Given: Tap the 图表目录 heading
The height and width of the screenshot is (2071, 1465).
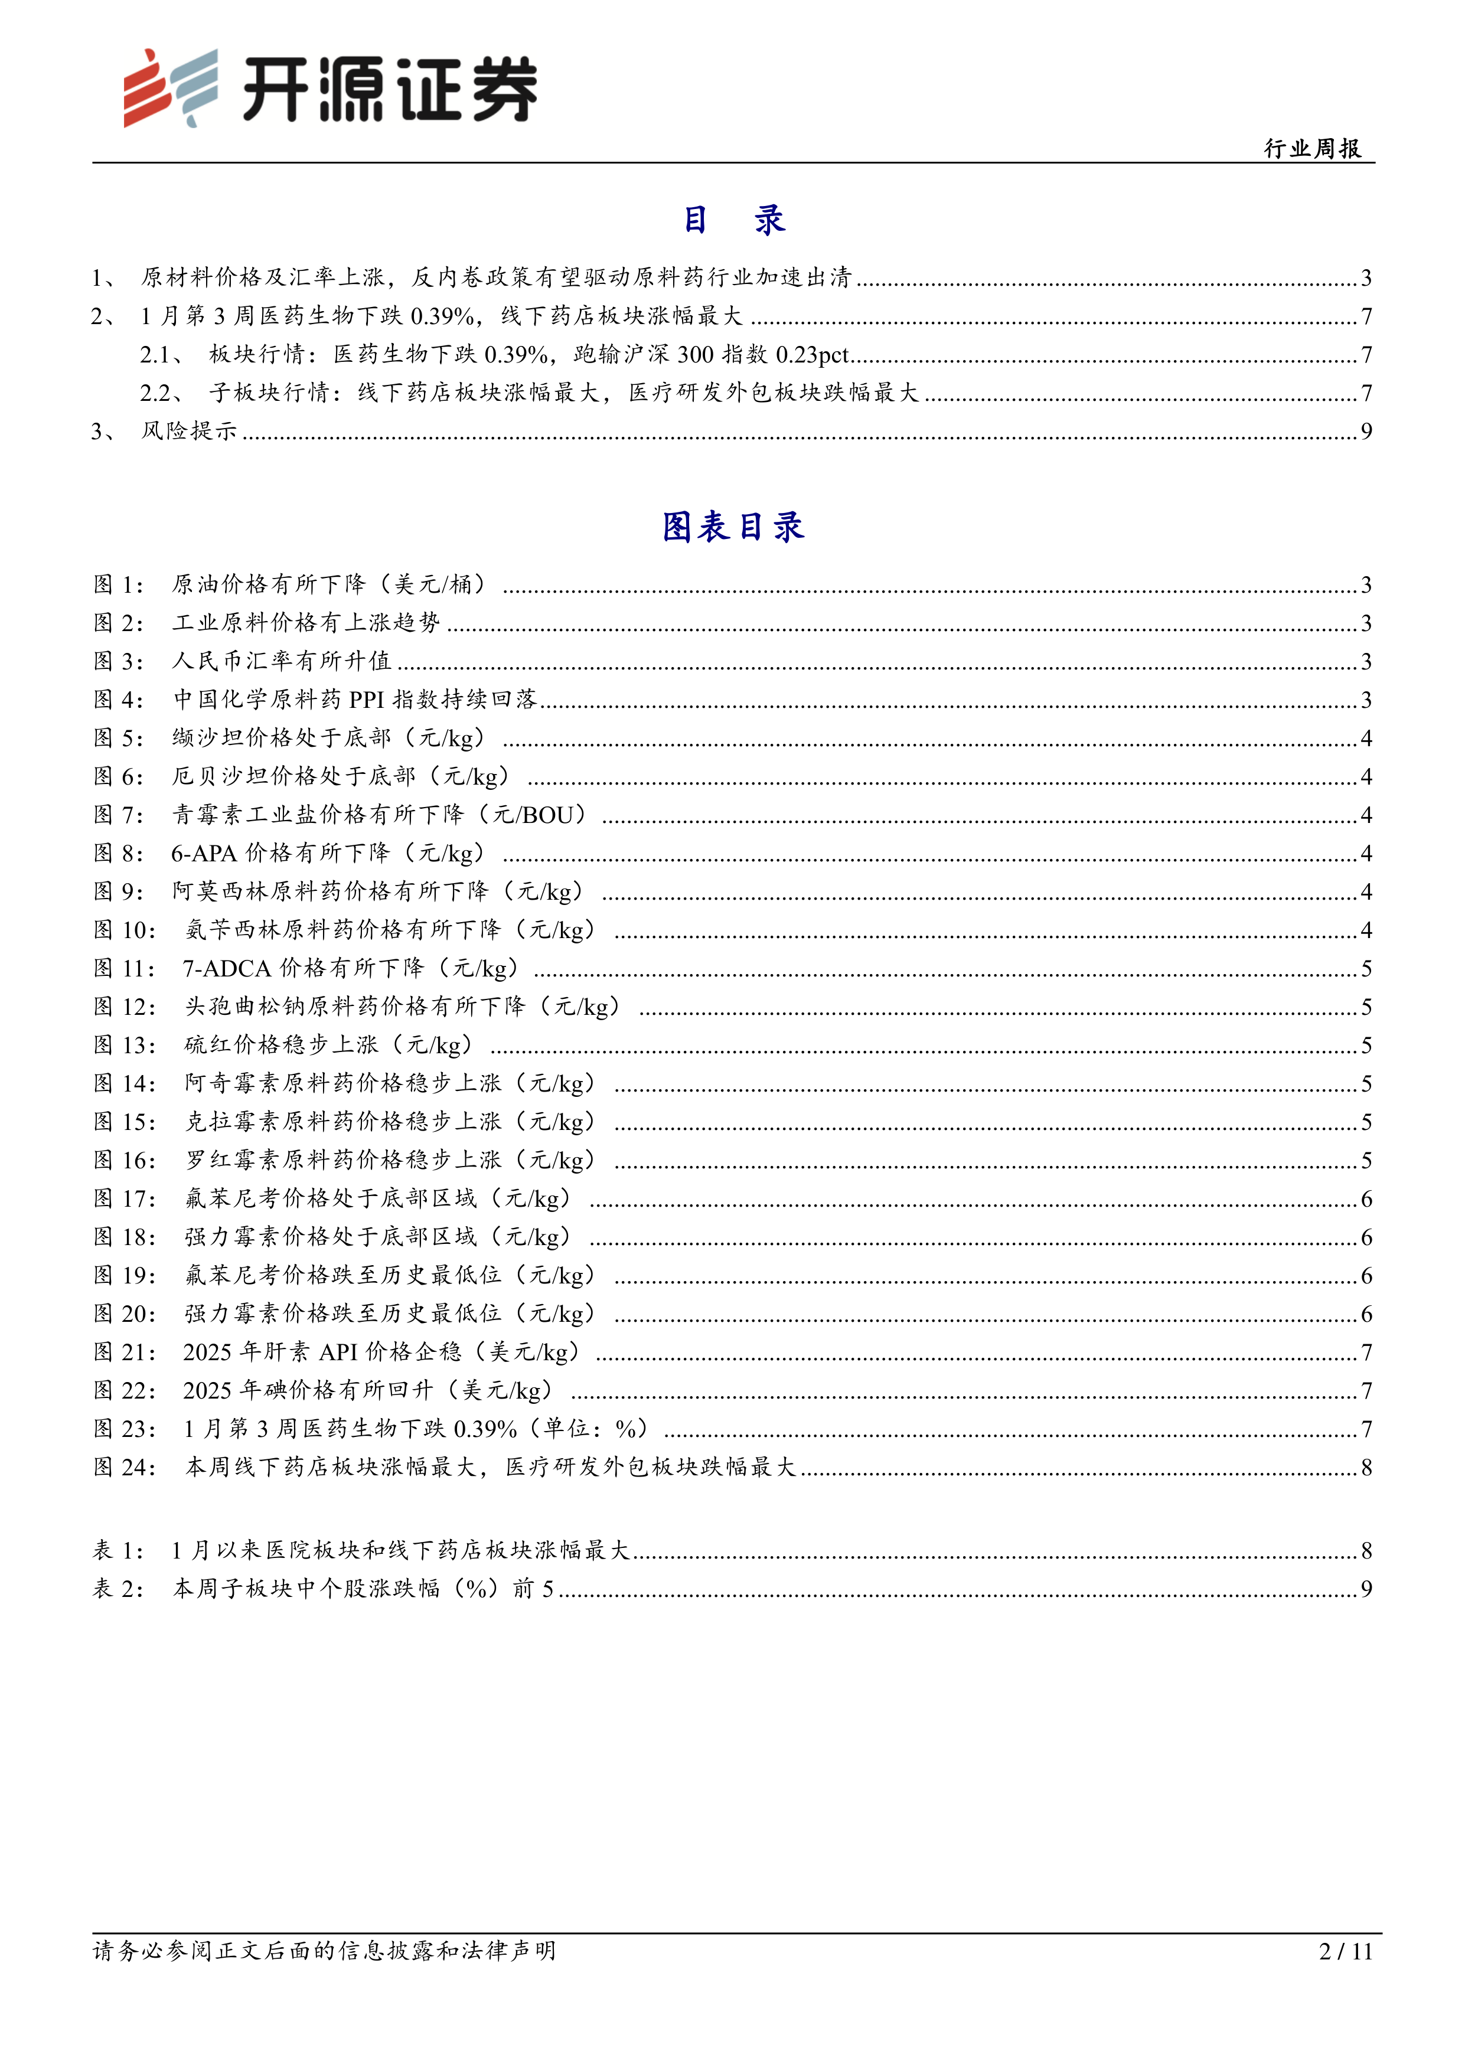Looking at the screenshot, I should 732,527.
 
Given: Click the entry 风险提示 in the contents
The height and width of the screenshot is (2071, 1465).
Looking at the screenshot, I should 188,431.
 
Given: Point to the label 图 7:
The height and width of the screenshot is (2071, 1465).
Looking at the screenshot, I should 118,815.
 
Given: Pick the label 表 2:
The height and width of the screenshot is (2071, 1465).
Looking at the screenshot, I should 118,1589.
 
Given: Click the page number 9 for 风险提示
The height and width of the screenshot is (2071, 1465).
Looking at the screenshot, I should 1366,431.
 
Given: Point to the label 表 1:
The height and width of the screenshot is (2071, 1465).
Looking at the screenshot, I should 118,1550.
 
